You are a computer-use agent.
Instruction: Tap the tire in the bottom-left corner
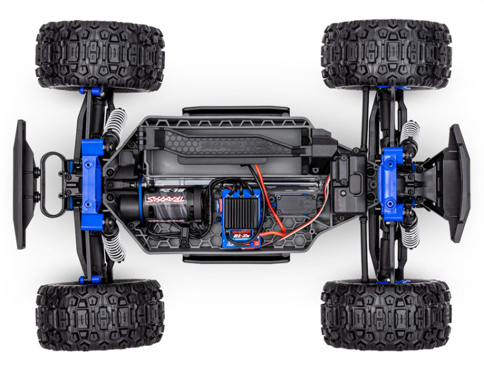[100, 315]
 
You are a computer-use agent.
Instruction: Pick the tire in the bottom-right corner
[386, 314]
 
